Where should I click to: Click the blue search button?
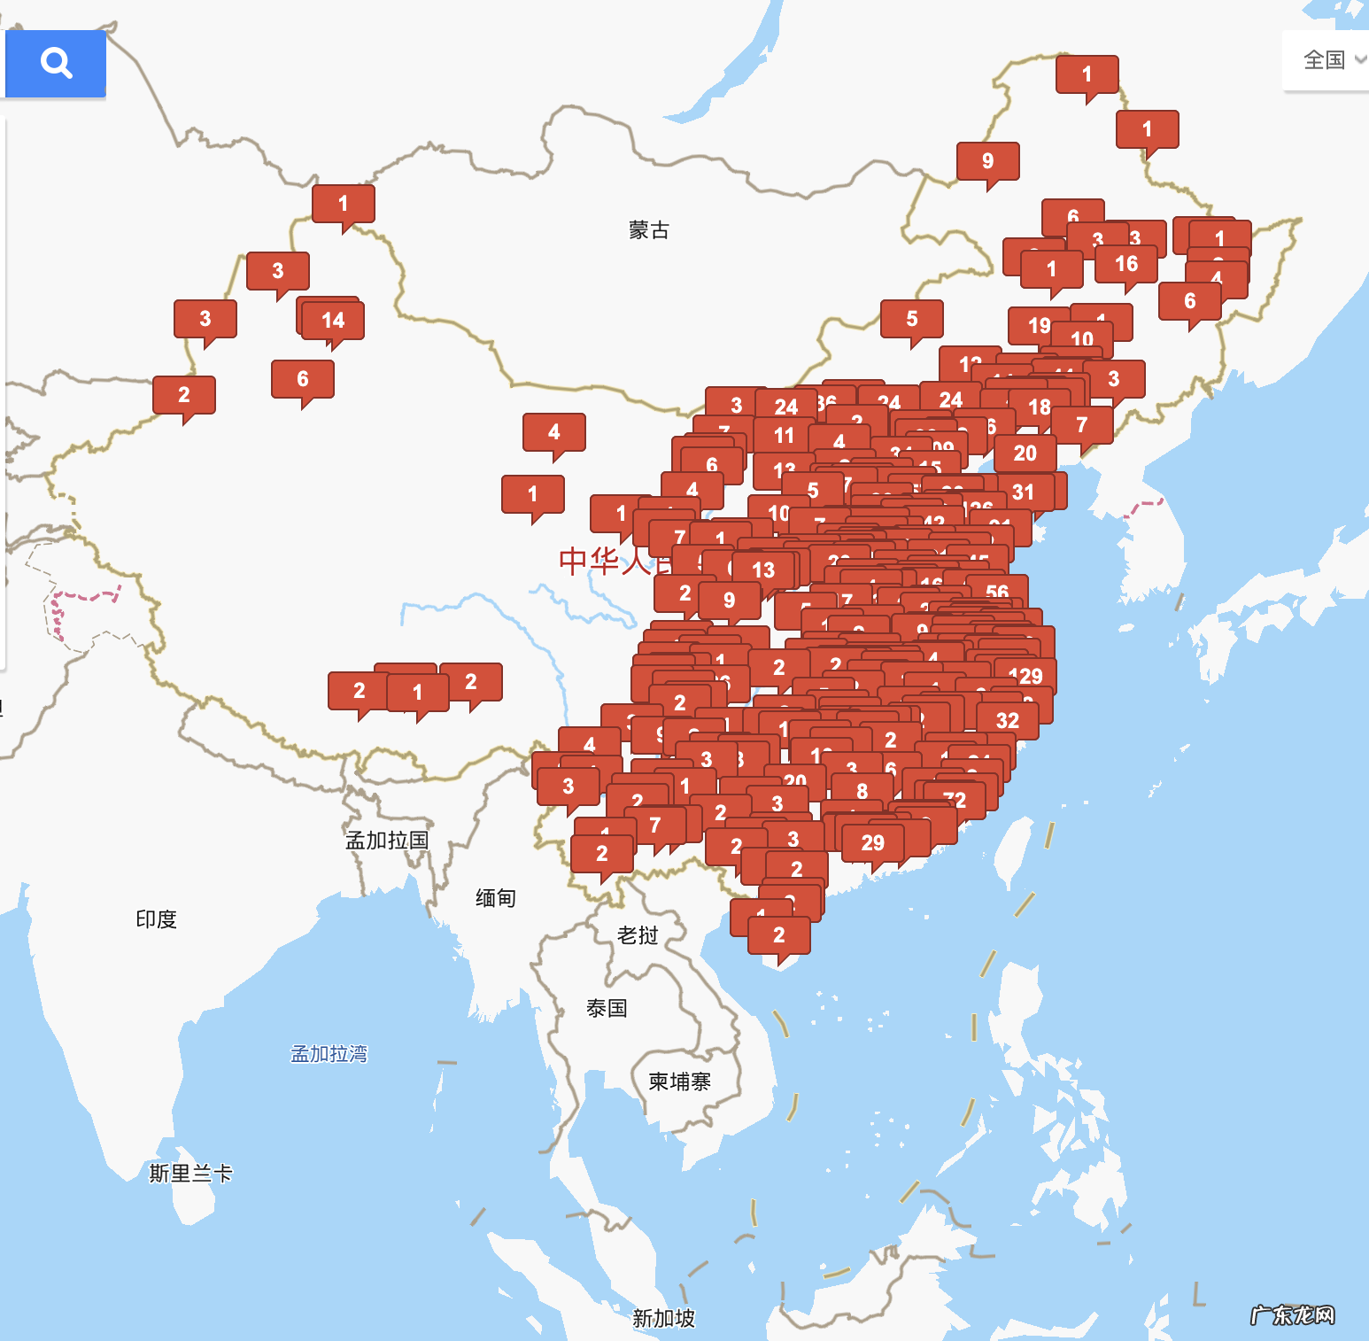56,63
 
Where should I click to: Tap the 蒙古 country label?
648,230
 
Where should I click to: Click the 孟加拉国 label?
387,840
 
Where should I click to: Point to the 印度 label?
157,919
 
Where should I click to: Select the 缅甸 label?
495,898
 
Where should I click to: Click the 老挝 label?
638,935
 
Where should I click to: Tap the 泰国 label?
607,1008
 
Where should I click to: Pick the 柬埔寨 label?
679,1081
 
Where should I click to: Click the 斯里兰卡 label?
190,1174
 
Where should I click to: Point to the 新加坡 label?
663,1318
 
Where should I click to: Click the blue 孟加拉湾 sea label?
329,1054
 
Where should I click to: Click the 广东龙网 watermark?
1292,1315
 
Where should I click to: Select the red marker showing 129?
1025,676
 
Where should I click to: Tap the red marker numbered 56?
997,592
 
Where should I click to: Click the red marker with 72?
955,800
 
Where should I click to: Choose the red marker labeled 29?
873,842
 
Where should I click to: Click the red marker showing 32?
1008,720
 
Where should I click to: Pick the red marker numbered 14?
333,320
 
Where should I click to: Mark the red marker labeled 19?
1039,325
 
